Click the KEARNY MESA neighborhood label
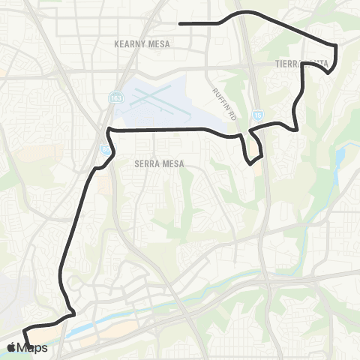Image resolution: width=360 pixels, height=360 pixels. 141,44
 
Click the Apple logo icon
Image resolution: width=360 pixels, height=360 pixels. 12,348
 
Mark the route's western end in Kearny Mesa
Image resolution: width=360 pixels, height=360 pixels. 180,24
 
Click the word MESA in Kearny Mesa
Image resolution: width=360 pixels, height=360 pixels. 158,44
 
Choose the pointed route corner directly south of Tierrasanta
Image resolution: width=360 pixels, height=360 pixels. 298,130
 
